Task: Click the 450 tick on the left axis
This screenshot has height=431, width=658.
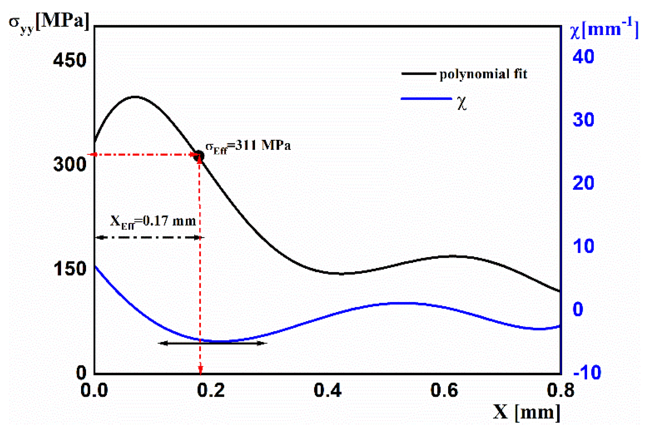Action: point(69,60)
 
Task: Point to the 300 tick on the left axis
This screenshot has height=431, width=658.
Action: point(69,165)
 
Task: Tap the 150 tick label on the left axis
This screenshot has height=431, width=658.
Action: point(69,269)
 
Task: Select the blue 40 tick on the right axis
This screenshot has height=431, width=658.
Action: point(583,57)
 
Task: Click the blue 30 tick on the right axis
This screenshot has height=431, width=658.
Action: point(583,120)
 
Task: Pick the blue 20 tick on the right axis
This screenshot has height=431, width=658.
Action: point(583,183)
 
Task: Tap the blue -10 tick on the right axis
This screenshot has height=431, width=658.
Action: point(587,372)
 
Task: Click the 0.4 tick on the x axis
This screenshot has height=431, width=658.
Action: point(327,391)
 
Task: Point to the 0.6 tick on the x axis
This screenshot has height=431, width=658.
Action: point(444,391)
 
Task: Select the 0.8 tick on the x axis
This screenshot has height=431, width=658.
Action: point(560,391)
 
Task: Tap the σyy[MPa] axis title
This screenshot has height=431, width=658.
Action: point(49,22)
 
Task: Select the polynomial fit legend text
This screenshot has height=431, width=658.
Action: point(483,74)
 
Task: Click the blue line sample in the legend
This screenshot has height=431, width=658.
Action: point(426,98)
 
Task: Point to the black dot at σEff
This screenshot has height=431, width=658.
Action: point(199,156)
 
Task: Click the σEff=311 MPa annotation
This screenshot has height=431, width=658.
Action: point(248,146)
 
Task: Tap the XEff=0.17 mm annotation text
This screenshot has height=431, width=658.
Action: point(153,221)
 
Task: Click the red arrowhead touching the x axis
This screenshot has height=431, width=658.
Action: point(200,371)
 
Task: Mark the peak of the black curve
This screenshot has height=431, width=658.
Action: point(135,97)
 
